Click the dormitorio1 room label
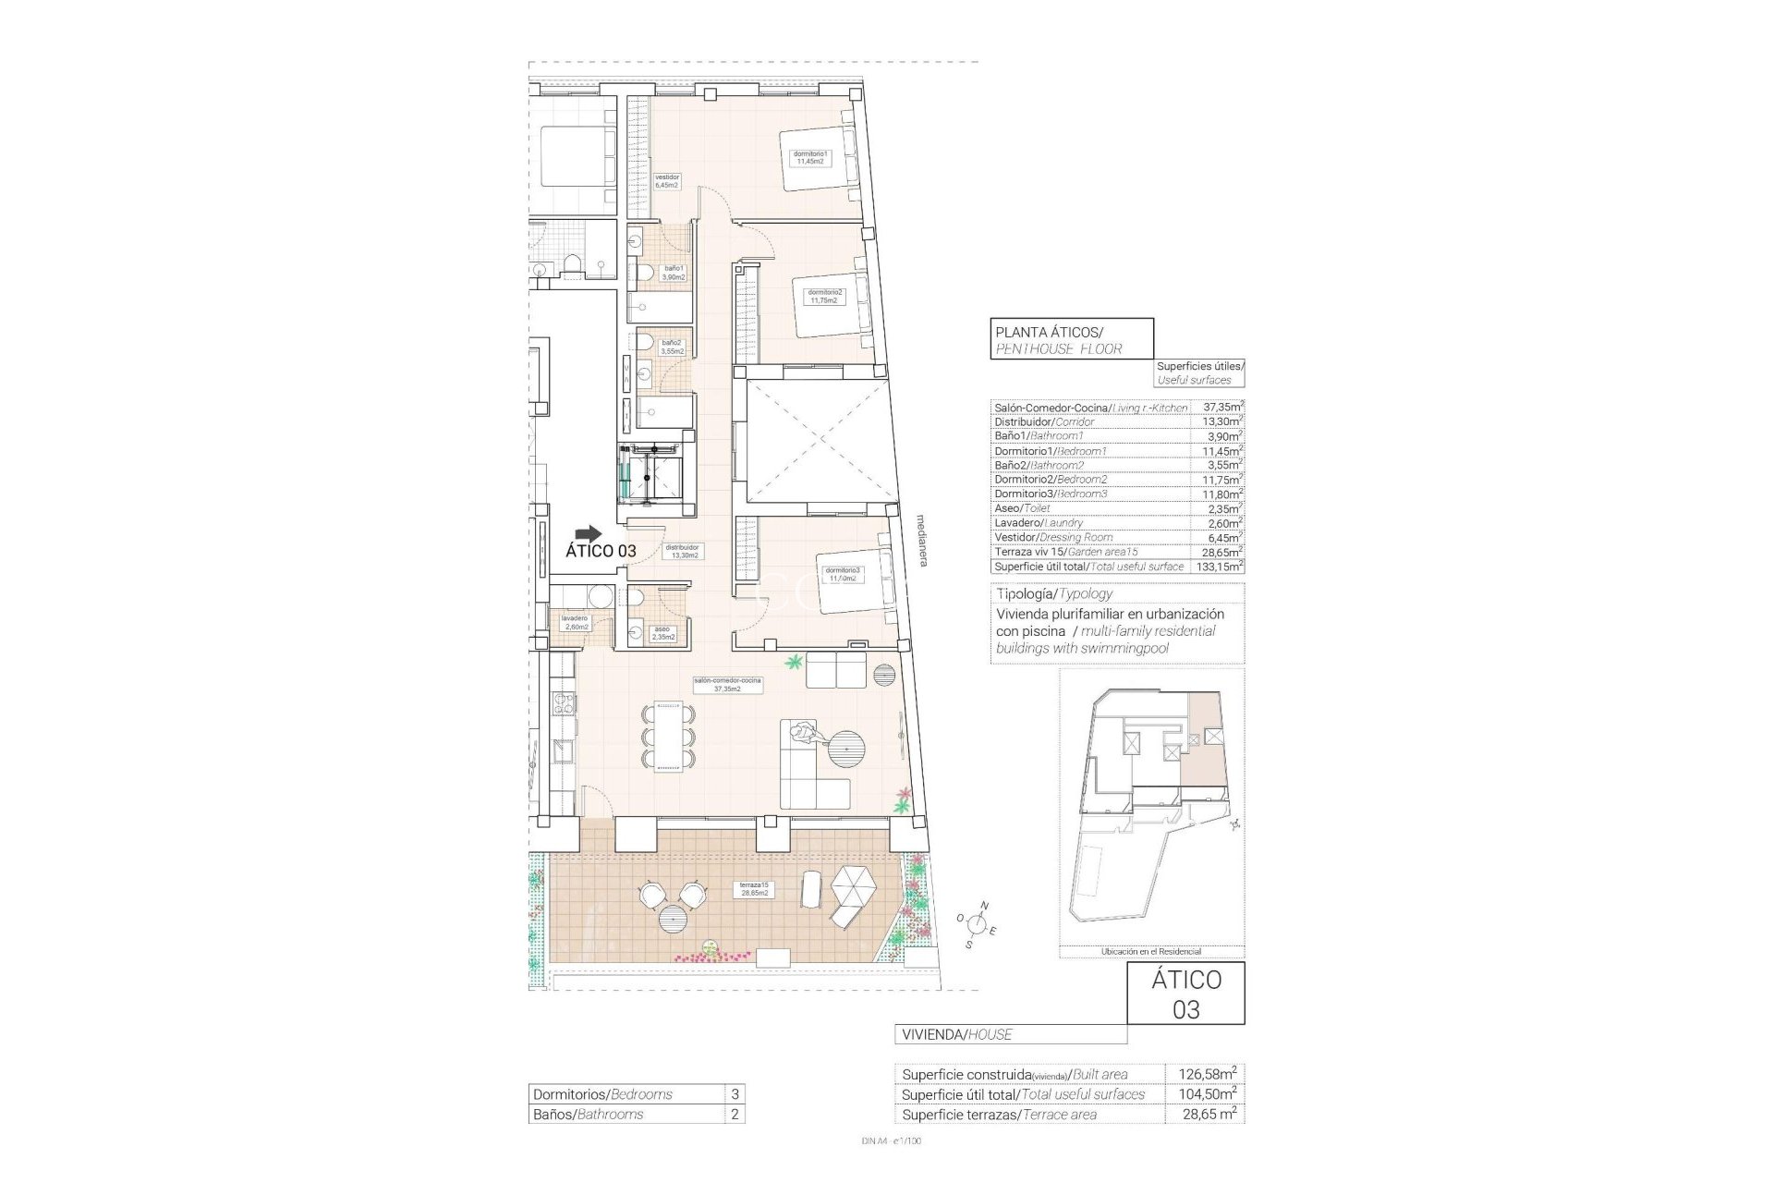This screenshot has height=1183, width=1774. tap(809, 158)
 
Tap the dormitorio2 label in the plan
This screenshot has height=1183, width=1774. tap(825, 296)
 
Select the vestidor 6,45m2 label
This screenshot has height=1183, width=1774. tap(667, 181)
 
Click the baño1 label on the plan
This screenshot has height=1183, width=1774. tap(674, 272)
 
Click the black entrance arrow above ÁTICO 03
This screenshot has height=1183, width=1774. tap(587, 533)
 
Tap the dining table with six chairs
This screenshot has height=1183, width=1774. tap(667, 736)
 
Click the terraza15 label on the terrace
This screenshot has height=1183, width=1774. tap(754, 889)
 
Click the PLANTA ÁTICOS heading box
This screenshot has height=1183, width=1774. tap(1071, 338)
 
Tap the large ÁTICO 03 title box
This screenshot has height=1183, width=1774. tap(1185, 994)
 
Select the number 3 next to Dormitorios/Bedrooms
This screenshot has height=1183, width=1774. tap(735, 1094)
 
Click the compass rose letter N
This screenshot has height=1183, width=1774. tap(985, 906)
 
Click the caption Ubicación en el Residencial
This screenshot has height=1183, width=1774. tap(1151, 951)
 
